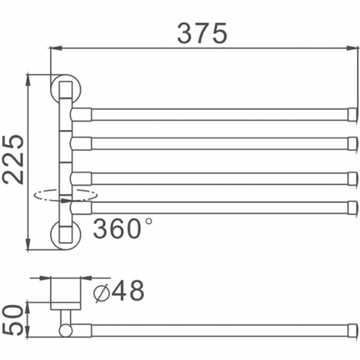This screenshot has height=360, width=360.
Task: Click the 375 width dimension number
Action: [202, 32]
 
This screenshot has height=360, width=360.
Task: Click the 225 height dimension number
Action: [13, 159]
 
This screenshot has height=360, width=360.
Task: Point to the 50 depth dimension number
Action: [13, 319]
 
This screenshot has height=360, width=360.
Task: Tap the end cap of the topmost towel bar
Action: [352, 114]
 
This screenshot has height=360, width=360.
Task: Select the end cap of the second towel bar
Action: [352, 143]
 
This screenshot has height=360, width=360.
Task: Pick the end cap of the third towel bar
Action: [352, 178]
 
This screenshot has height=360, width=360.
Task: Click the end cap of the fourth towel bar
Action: [352, 207]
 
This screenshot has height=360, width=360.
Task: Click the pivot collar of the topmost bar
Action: [82, 114]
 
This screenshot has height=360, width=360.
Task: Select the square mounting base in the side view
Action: [65, 294]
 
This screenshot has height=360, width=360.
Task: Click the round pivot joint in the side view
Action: [65, 330]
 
